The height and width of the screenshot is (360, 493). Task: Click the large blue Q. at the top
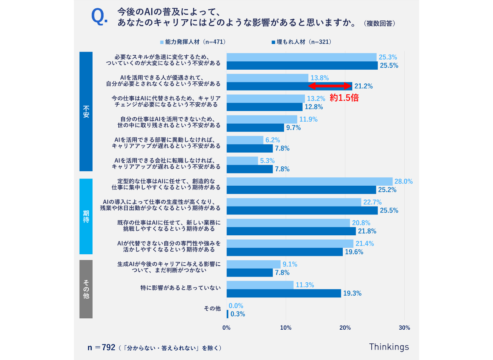(x=99, y=17)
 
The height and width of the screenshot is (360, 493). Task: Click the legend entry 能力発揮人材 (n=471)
(x=195, y=42)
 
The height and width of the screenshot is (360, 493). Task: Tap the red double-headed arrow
(x=330, y=86)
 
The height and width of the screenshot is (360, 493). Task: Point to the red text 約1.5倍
(x=344, y=98)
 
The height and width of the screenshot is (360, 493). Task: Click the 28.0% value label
(x=403, y=182)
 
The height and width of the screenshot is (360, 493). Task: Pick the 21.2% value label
(x=363, y=86)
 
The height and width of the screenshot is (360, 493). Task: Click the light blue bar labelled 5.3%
(x=242, y=161)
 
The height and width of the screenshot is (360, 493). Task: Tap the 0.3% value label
(x=238, y=314)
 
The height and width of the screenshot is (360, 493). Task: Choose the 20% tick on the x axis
(x=345, y=328)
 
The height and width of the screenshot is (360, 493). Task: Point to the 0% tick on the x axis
(x=226, y=328)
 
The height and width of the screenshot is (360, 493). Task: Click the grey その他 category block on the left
(x=86, y=289)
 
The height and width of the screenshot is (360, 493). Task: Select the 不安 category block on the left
(x=86, y=111)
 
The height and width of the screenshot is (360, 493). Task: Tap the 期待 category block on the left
(x=86, y=216)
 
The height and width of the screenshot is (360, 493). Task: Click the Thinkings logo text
(x=389, y=347)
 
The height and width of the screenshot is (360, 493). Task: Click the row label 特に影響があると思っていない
(x=180, y=288)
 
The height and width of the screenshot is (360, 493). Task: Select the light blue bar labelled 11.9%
(x=262, y=119)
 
